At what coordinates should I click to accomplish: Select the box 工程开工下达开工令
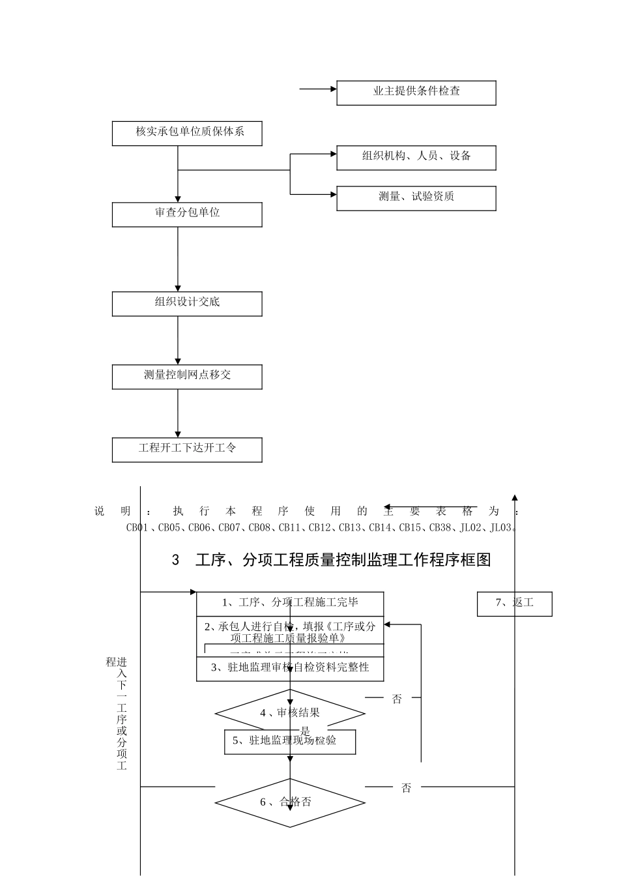click(187, 450)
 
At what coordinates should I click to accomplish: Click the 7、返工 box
click(514, 604)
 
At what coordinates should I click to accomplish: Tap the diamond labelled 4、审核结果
click(290, 713)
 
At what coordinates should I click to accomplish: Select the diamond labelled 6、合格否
click(290, 802)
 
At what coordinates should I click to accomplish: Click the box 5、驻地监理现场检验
click(290, 741)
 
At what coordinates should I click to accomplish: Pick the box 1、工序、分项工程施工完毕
click(290, 604)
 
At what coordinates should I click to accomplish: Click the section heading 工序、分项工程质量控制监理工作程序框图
click(343, 560)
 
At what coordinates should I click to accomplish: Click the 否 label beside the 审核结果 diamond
click(397, 699)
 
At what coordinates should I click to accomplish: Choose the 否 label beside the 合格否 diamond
click(406, 788)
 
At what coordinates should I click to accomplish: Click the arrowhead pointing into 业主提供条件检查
click(333, 89)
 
